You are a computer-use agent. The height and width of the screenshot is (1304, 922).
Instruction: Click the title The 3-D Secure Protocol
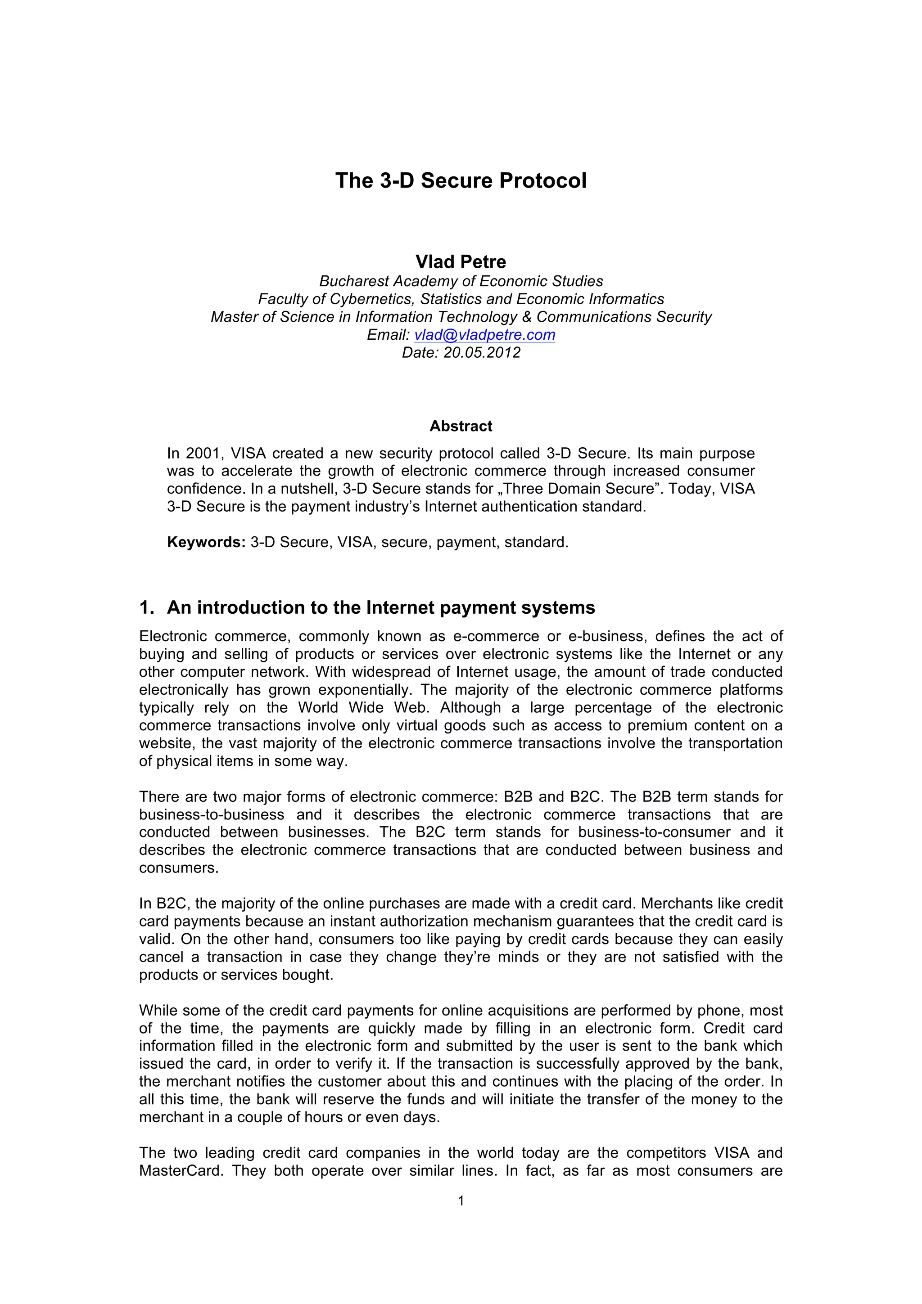(461, 180)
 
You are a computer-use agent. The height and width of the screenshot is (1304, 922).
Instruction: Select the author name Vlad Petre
(461, 262)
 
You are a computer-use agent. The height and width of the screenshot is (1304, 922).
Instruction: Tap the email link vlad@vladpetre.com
(484, 335)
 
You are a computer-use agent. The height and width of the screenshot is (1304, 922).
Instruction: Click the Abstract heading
(461, 426)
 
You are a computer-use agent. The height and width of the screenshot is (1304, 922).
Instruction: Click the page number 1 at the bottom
(461, 1201)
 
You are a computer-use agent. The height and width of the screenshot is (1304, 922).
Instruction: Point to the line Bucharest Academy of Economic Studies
(461, 281)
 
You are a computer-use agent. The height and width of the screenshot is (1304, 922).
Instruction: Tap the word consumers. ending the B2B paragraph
(178, 868)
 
